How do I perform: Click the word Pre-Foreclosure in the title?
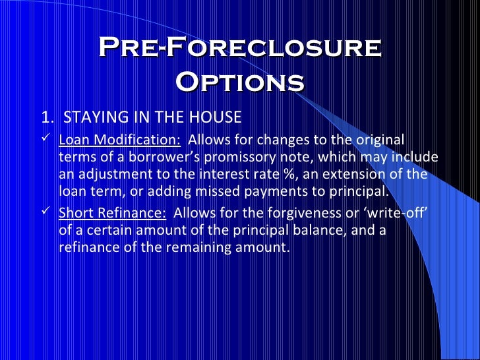(240, 48)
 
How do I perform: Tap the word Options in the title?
(240, 82)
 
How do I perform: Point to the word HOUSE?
(216, 118)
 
